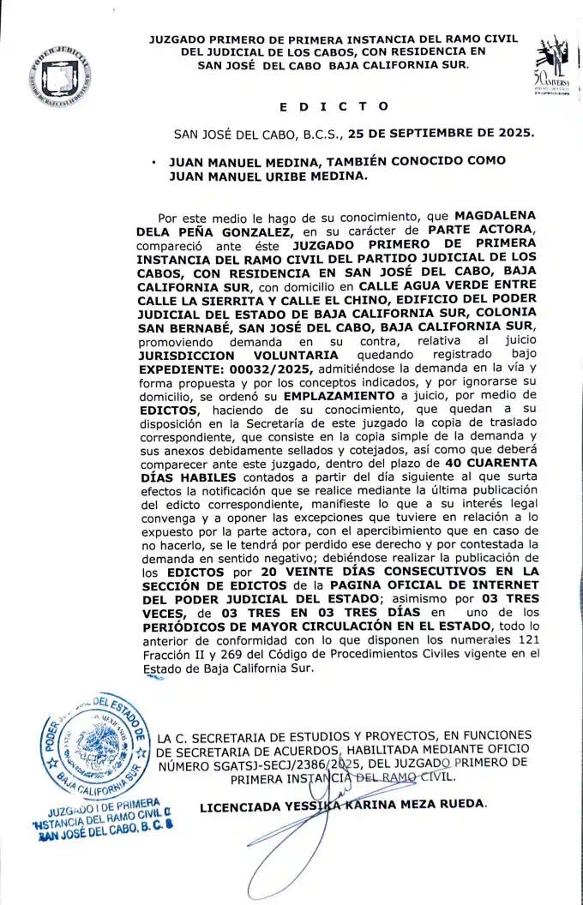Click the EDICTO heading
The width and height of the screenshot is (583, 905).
pyautogui.click(x=334, y=106)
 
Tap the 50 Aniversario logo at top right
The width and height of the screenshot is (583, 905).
pyautogui.click(x=551, y=65)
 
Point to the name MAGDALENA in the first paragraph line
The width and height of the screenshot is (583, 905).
pyautogui.click(x=496, y=218)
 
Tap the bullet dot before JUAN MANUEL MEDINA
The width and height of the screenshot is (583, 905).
pyautogui.click(x=151, y=161)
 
